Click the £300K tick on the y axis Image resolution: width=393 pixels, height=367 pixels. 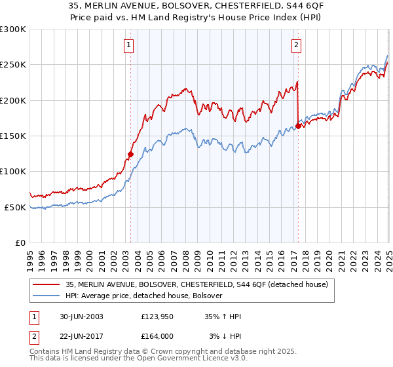pyautogui.click(x=13, y=29)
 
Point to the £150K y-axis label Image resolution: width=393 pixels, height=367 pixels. pyautogui.click(x=13, y=136)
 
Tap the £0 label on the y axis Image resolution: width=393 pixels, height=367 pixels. pyautogui.click(x=20, y=242)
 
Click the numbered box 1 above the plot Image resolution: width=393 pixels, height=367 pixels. pyautogui.click(x=128, y=45)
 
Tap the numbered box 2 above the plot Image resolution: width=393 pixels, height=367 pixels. pyautogui.click(x=297, y=45)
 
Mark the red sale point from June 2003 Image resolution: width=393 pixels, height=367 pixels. pyautogui.click(x=130, y=155)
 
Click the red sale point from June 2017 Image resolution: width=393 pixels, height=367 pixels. pyautogui.click(x=298, y=126)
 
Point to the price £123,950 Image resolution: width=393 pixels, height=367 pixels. pyautogui.click(x=157, y=317)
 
